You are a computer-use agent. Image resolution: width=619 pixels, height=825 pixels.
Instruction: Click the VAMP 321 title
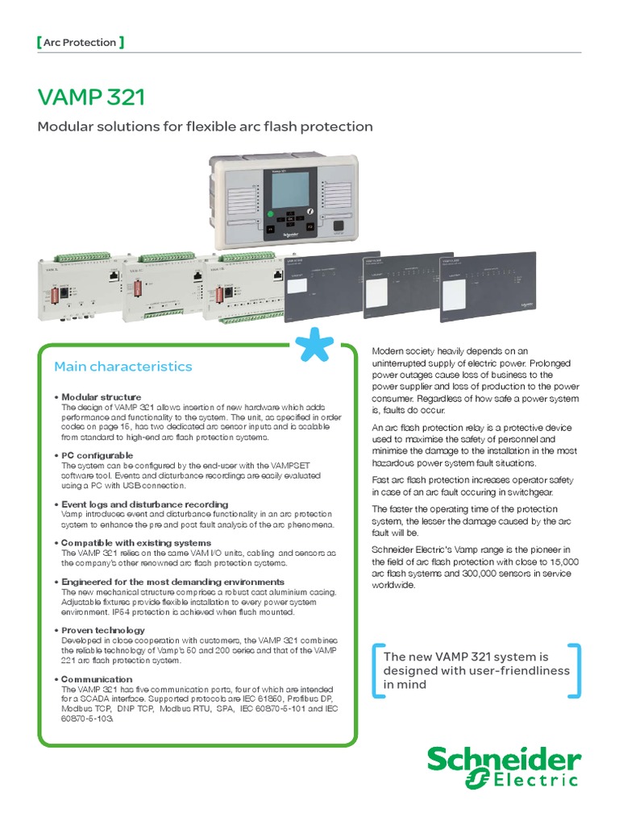coord(91,97)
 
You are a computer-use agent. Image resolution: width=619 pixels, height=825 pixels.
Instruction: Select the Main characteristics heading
coord(123,367)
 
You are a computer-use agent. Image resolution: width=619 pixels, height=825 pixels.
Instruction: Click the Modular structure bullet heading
coord(101,397)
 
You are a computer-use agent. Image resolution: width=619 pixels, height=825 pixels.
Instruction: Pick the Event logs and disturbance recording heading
coord(144,504)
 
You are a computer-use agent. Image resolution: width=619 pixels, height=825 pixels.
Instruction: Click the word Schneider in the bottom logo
coord(504,760)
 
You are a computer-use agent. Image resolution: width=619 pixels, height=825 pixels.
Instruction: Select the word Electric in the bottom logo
coord(535,780)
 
